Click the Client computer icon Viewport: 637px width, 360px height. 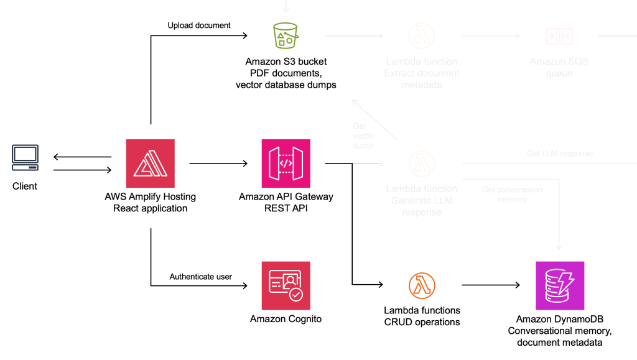click(25, 158)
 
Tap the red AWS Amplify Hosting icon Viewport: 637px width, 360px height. click(151, 163)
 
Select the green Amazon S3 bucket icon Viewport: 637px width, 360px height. click(286, 36)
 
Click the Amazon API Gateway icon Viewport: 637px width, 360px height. click(286, 163)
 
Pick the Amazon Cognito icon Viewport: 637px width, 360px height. click(286, 285)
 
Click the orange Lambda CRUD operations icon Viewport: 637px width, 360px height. click(422, 285)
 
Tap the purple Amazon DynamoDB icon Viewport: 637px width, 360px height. click(559, 285)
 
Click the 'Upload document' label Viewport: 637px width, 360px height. click(199, 25)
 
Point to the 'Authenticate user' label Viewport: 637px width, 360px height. click(200, 277)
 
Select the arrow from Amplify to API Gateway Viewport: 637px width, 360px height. click(218, 164)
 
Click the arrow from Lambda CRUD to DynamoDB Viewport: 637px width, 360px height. click(490, 285)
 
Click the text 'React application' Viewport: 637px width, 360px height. click(151, 208)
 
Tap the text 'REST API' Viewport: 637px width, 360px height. click(286, 208)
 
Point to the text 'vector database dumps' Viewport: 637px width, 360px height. click(286, 85)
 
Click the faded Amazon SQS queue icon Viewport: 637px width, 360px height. click(559, 37)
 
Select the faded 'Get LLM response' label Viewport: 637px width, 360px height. click(559, 154)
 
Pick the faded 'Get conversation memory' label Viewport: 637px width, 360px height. click(512, 194)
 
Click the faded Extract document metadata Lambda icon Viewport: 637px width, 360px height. click(421, 37)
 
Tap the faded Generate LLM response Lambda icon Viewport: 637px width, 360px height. click(421, 164)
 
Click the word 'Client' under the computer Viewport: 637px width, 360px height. click(25, 186)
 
